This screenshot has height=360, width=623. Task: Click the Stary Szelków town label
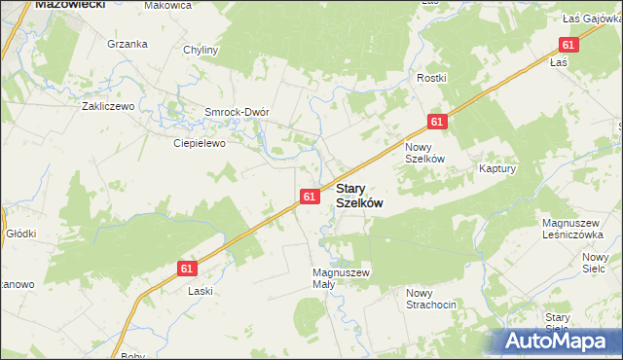coord(358,196)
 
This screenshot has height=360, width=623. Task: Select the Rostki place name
coord(430,78)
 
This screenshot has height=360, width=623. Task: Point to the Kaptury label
coord(496,168)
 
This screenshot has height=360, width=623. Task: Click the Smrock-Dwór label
coord(236,111)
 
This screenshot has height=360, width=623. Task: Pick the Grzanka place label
coord(128,44)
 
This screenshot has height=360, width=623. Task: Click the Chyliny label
coord(201,50)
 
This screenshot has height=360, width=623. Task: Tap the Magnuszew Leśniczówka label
coord(581,229)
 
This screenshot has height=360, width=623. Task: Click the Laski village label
coord(201,291)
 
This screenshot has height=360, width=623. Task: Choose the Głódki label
coord(20,234)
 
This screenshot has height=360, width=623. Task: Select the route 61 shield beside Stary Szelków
coord(309,197)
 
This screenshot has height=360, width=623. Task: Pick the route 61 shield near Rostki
coord(436,122)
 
